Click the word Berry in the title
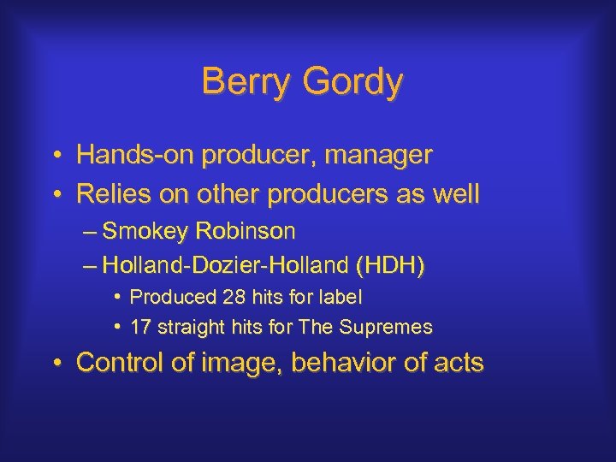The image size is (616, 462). pyautogui.click(x=243, y=82)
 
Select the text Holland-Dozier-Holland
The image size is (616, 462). pyautogui.click(x=224, y=265)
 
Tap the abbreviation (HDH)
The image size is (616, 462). pyautogui.click(x=389, y=265)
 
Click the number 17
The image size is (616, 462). pyautogui.click(x=140, y=327)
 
